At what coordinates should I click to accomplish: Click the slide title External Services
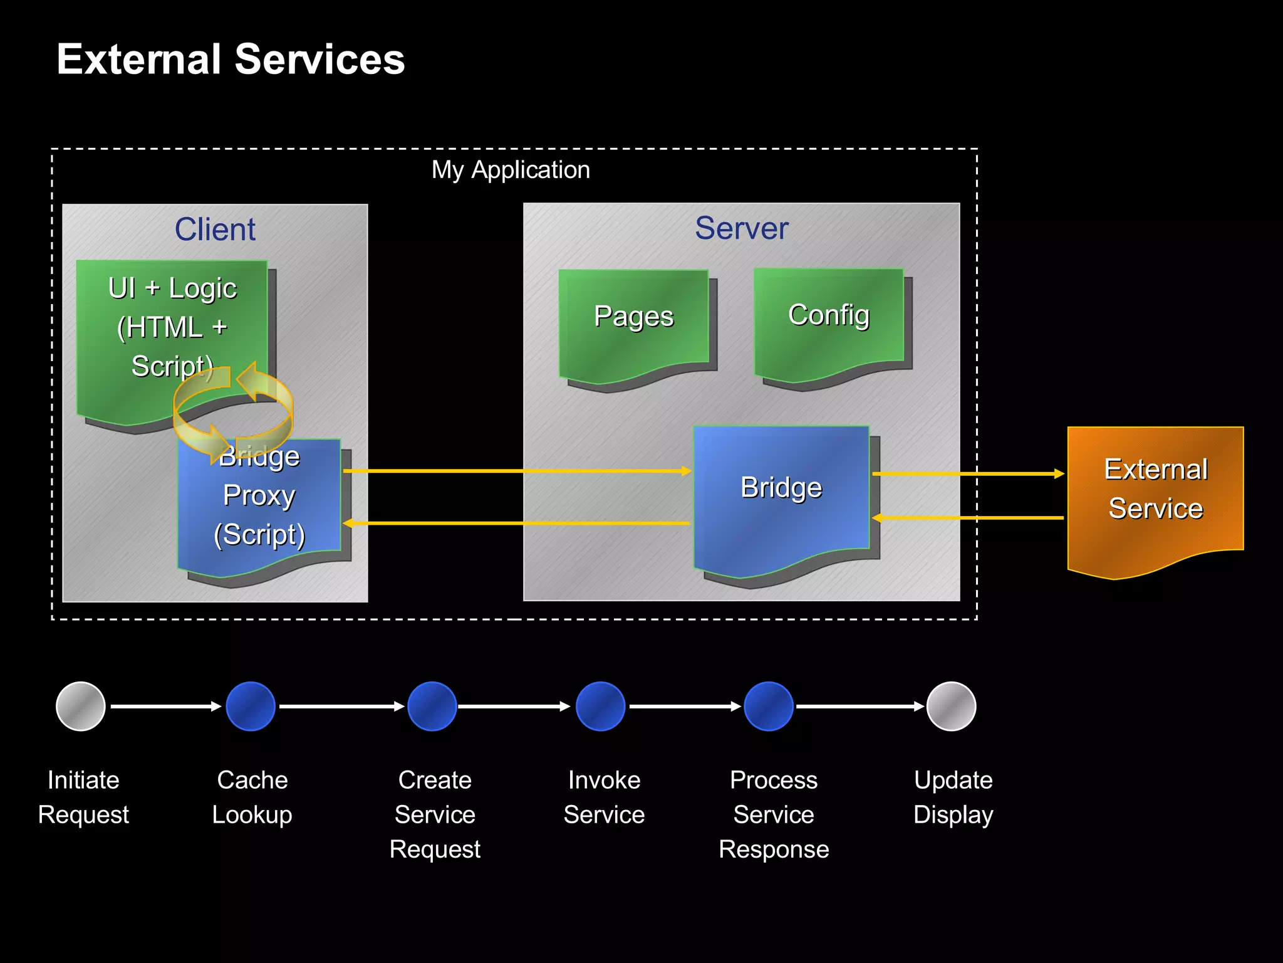[231, 60]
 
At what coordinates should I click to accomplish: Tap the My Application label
[511, 170]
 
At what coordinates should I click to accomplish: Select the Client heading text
[215, 229]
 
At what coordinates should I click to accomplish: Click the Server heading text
[741, 228]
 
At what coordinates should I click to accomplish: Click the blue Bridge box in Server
[781, 495]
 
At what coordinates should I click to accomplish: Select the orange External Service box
[1155, 495]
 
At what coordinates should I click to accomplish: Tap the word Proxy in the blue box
[259, 495]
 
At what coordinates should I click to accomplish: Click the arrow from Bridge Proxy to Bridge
[517, 470]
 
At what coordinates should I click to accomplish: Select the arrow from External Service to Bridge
[968, 518]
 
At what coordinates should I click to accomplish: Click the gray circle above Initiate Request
[81, 707]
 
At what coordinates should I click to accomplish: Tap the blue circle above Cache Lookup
[251, 707]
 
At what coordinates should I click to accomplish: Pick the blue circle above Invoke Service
[600, 707]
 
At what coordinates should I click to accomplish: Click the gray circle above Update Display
[951, 707]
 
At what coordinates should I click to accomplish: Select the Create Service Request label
[435, 814]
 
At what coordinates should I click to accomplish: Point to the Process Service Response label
[774, 814]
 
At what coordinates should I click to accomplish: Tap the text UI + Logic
[172, 288]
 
